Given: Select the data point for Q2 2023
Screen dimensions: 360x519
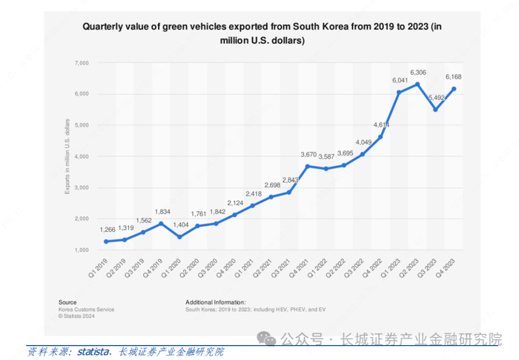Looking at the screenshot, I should pyautogui.click(x=418, y=84).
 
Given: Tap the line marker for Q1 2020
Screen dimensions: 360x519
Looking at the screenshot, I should pyautogui.click(x=180, y=237).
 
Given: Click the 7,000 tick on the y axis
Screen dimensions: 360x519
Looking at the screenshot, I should pyautogui.click(x=80, y=63).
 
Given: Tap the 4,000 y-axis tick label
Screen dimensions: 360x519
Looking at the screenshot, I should pyautogui.click(x=80, y=156).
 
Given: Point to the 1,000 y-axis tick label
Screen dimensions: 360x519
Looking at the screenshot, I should pyautogui.click(x=80, y=250).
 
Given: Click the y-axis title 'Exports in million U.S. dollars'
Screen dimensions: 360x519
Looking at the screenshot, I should pyautogui.click(x=67, y=156).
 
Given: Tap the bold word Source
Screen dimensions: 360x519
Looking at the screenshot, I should pyautogui.click(x=67, y=302).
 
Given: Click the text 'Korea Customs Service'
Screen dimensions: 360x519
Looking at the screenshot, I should pyautogui.click(x=86, y=309).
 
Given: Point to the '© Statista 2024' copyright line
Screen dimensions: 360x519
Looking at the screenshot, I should pyautogui.click(x=79, y=316).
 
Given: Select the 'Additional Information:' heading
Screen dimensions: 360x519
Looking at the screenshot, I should pyautogui.click(x=215, y=302).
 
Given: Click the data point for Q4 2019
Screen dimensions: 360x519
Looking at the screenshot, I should pyautogui.click(x=161, y=224).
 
